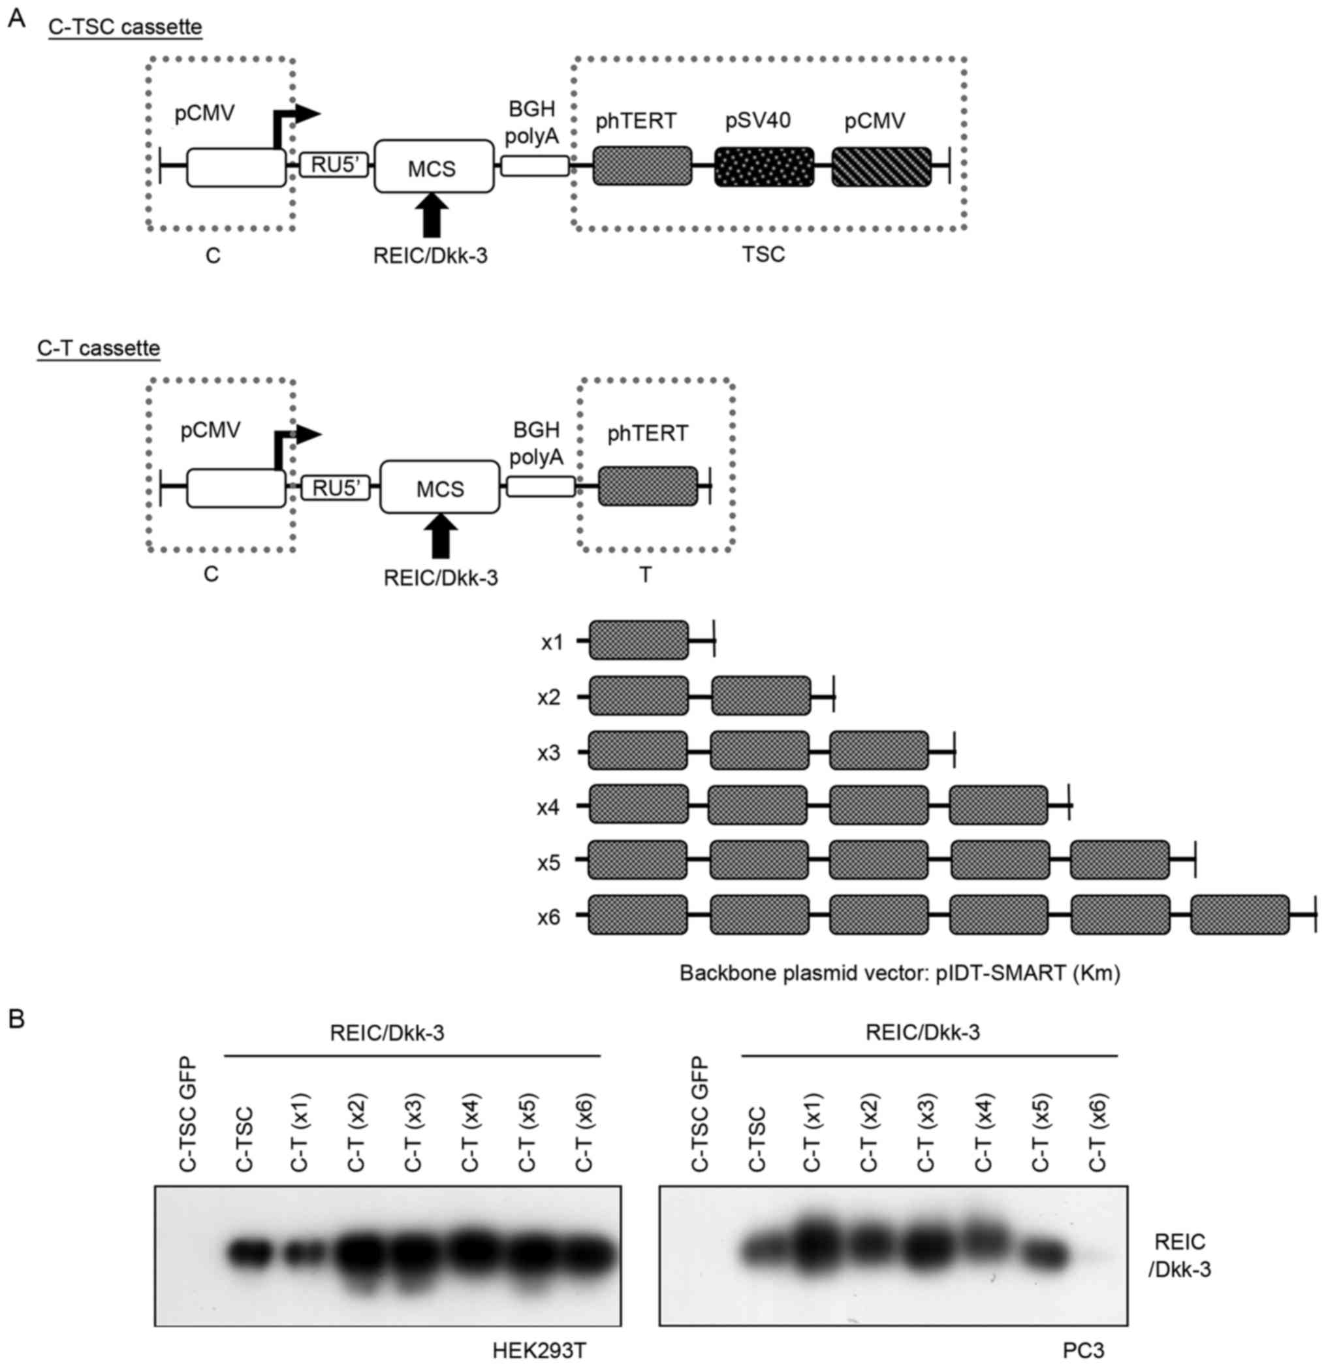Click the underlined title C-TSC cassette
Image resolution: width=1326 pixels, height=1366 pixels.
(125, 28)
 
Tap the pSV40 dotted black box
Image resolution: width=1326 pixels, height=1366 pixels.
(764, 167)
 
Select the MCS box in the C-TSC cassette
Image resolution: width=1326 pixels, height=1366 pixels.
(434, 167)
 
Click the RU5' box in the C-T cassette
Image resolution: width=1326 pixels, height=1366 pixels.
(335, 488)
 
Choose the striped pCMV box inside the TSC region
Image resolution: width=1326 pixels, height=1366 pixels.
(881, 167)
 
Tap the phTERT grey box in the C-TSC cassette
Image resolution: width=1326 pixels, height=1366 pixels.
(642, 167)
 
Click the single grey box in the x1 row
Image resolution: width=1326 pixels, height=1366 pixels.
(639, 640)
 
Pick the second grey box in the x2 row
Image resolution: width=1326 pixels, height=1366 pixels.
(761, 695)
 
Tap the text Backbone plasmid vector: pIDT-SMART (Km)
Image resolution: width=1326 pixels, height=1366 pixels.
(900, 973)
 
